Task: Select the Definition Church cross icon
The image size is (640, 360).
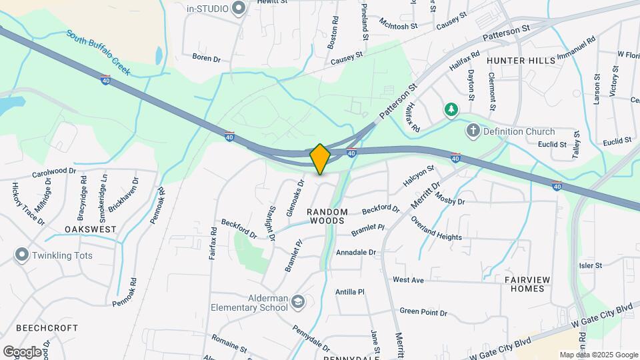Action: (473, 131)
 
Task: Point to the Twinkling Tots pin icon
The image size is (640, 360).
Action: (22, 255)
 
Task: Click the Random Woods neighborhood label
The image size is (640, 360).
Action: (327, 216)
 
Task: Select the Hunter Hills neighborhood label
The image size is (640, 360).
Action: (521, 61)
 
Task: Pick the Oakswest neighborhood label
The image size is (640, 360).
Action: (91, 229)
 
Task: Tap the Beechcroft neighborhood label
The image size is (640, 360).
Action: (47, 329)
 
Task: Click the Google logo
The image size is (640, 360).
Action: (22, 351)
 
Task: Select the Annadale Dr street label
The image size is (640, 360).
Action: (356, 253)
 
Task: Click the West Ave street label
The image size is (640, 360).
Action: (408, 280)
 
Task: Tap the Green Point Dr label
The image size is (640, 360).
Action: (422, 311)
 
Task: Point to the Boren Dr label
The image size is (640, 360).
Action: (206, 59)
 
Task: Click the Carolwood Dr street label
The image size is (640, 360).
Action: (55, 172)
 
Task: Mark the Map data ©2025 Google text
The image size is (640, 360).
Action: (598, 355)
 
